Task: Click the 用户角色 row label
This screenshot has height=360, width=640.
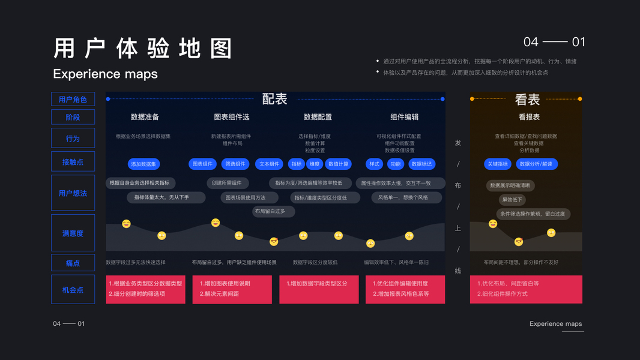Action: (x=73, y=99)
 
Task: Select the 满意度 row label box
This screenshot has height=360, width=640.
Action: (x=73, y=233)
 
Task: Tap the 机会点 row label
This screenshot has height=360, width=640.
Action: (x=73, y=290)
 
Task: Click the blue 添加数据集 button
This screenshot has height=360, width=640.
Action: (x=143, y=164)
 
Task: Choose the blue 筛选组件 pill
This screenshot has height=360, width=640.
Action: (x=235, y=164)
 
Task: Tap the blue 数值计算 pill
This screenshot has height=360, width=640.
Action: (x=338, y=164)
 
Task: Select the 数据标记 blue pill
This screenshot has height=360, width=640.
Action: (x=421, y=164)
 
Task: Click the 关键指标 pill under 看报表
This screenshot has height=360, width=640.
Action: (x=498, y=164)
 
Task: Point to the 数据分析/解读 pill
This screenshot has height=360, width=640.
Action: (x=536, y=164)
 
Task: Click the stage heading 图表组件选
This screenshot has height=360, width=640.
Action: (x=231, y=117)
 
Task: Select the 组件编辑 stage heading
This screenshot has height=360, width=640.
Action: (x=405, y=117)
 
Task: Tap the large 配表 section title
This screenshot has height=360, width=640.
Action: (x=274, y=99)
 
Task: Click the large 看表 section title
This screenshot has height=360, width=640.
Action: (x=527, y=100)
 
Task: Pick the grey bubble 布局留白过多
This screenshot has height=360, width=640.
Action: (x=273, y=211)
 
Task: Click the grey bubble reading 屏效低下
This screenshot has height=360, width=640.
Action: (x=512, y=200)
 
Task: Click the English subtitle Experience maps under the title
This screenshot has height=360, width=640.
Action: (x=105, y=74)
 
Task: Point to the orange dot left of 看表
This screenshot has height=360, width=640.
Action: (x=472, y=99)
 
